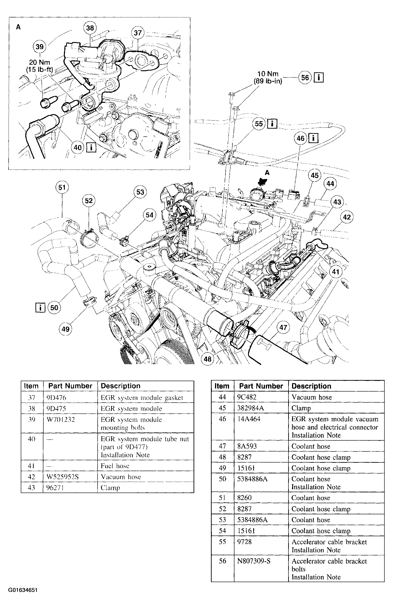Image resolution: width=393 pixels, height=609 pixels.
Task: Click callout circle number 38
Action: [90, 28]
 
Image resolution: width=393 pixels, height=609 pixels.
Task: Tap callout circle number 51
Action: [62, 187]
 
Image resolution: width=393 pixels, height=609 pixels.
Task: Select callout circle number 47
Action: [283, 327]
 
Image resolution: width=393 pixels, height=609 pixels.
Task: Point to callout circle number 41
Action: [336, 272]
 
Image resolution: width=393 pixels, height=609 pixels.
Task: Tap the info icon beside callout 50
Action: [40, 307]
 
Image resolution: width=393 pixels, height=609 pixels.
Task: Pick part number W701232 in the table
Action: [61, 420]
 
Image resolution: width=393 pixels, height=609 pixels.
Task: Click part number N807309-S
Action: [254, 561]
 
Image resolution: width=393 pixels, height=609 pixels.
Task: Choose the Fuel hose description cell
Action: [115, 466]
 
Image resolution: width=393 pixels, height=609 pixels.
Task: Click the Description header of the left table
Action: [120, 386]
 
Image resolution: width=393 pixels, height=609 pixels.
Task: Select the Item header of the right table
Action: [222, 386]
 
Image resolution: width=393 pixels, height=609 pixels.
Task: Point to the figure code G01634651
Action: [23, 590]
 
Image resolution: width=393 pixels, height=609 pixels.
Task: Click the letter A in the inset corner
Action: [18, 27]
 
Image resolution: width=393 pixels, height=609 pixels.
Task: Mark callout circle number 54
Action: [150, 215]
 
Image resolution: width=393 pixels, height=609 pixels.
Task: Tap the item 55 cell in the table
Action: [222, 542]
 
